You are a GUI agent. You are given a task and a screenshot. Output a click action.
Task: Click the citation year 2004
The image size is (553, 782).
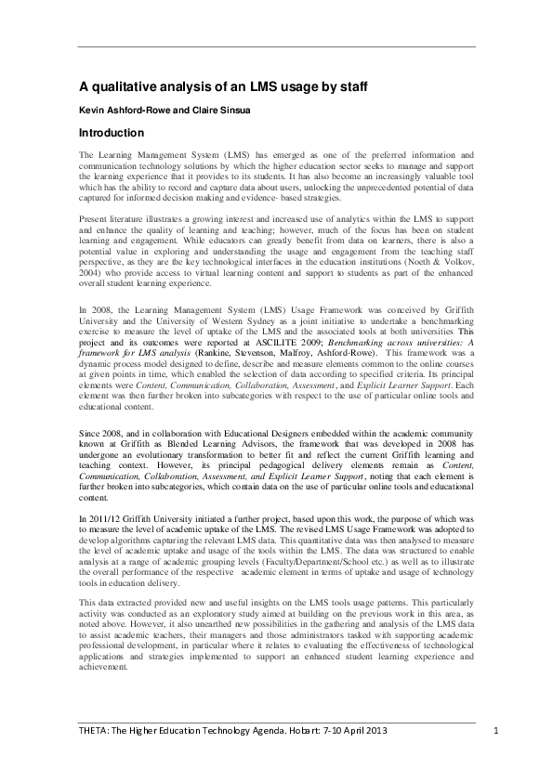pos(91,274)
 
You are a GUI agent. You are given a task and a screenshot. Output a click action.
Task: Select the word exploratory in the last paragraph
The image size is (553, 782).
pos(218,613)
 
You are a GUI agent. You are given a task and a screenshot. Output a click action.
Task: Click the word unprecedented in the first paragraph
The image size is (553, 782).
pos(372,187)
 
